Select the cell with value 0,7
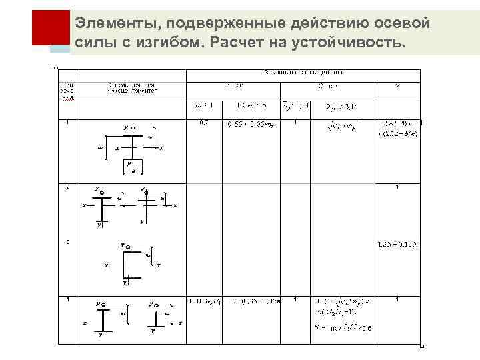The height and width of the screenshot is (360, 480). pos(205,123)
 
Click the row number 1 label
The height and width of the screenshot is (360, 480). pos(67,122)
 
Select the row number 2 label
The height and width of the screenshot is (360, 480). pos(67,187)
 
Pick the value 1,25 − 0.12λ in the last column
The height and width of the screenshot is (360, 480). pos(397,245)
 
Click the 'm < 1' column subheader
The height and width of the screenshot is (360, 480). pos(203,105)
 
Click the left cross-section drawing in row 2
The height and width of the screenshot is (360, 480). pos(101,207)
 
